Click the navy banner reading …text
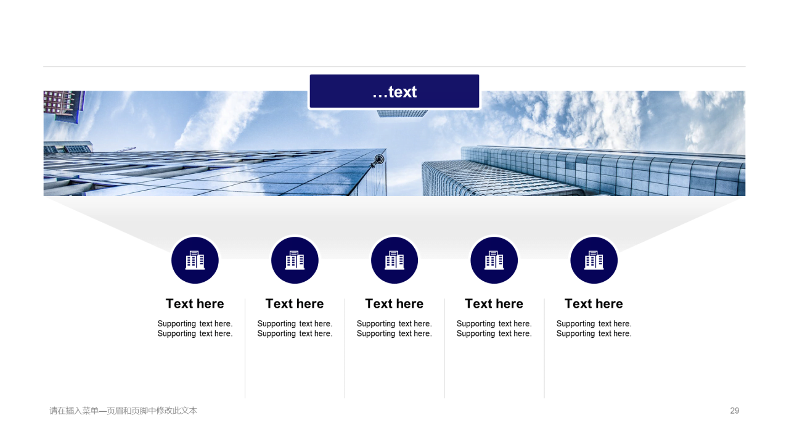click(394, 91)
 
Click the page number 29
click(734, 411)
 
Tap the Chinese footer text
click(123, 411)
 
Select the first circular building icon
click(195, 260)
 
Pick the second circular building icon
click(295, 260)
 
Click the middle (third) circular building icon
click(394, 260)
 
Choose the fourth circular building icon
click(494, 260)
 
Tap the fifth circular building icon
click(594, 260)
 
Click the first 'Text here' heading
click(195, 304)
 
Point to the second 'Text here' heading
click(295, 304)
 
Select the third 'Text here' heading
click(394, 304)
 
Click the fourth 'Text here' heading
click(494, 304)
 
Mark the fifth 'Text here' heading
click(594, 304)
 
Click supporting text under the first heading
click(195, 329)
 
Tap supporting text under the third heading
click(394, 329)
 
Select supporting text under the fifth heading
click(594, 329)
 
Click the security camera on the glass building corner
click(378, 161)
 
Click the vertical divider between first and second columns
click(245, 348)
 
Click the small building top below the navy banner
click(403, 113)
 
